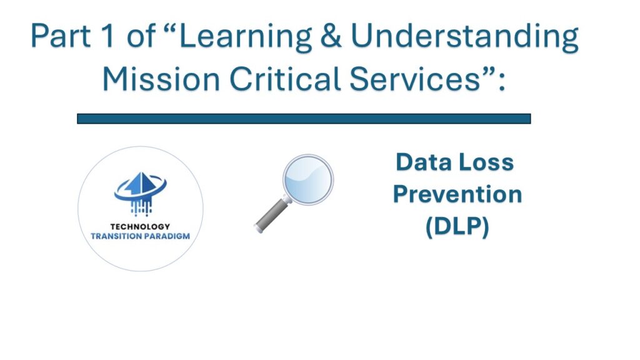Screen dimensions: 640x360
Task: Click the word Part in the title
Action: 61,36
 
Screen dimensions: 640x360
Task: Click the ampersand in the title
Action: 331,36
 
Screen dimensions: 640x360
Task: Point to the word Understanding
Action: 464,38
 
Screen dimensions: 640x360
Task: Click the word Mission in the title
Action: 161,79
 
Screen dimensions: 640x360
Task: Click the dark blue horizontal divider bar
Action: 304,119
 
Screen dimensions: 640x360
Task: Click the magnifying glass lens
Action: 308,179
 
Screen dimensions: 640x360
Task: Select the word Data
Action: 424,162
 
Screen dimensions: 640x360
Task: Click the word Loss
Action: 486,162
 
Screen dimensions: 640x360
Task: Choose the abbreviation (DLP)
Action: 457,226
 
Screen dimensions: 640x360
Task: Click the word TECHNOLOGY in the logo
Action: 140,226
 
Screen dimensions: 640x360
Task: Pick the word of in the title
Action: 141,36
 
